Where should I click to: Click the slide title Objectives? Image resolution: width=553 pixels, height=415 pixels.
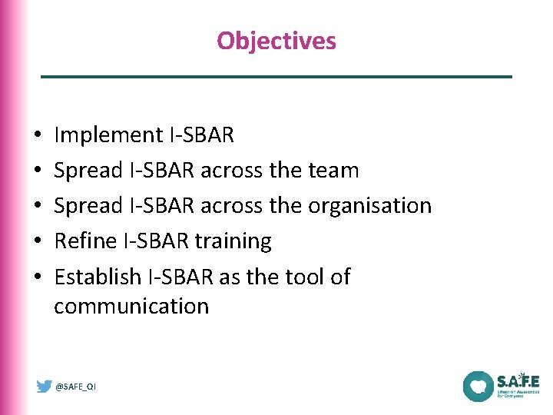276,40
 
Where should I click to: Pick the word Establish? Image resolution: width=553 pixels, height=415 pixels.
98,277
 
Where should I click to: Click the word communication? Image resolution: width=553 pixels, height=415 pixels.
131,306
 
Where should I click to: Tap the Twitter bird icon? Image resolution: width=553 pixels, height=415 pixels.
45,387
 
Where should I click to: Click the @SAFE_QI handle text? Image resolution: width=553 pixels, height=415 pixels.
76,387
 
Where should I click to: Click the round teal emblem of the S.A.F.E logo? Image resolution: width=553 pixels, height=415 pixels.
478,386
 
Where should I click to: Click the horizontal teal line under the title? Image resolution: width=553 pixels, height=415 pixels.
276,77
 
